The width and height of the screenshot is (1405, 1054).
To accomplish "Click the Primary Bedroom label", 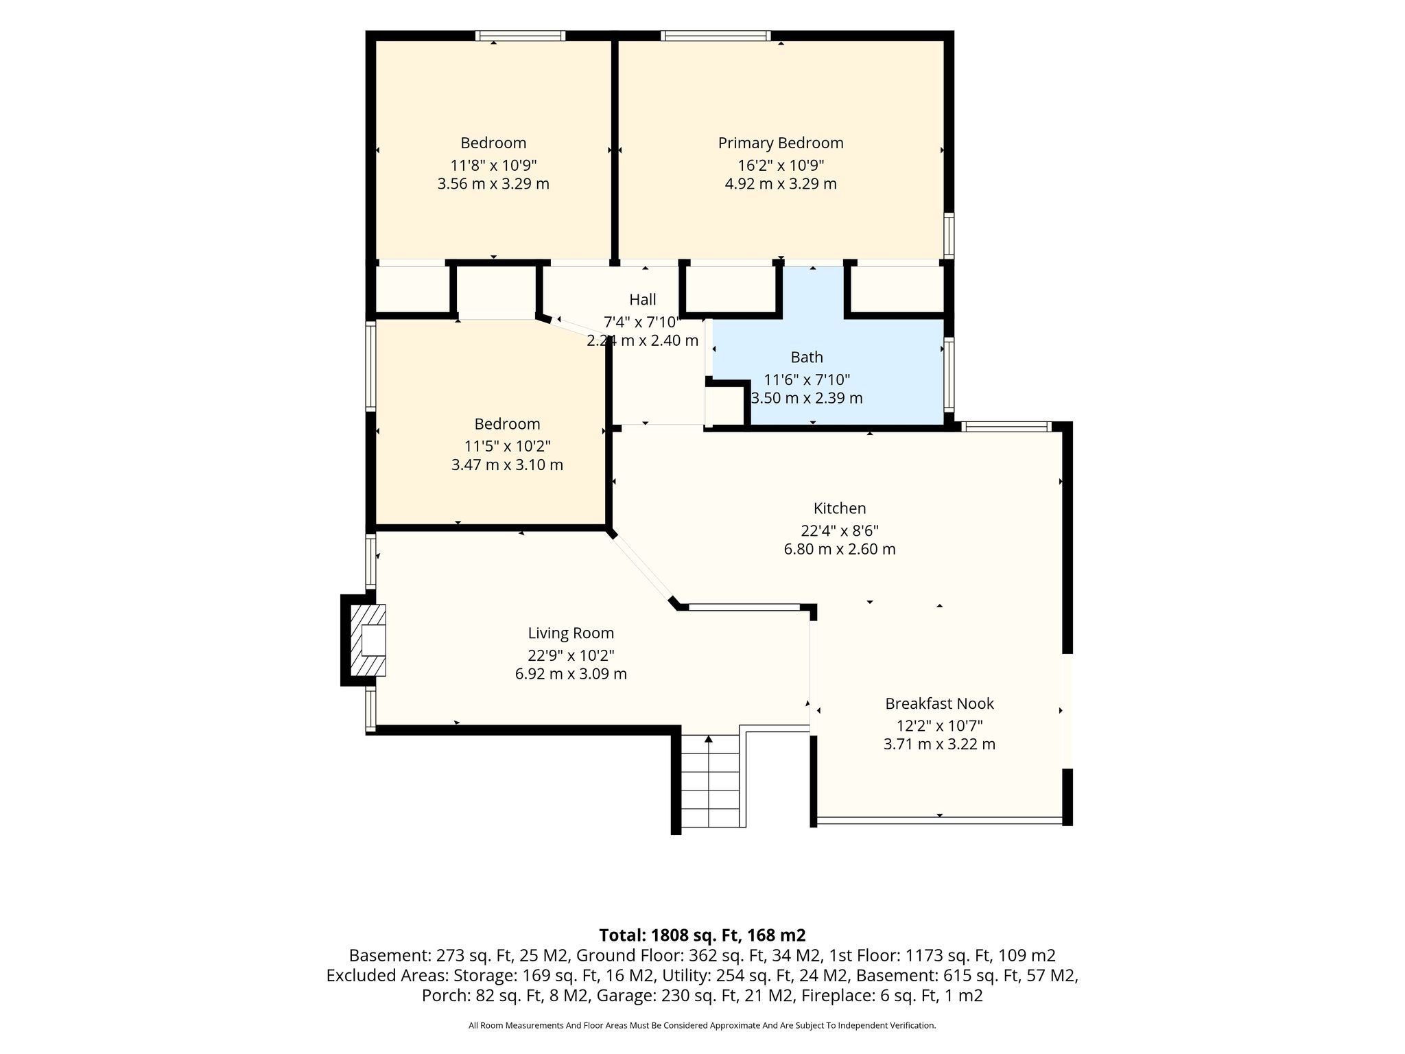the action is pyautogui.click(x=781, y=143).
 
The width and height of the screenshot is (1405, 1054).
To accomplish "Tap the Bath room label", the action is pyautogui.click(x=807, y=357).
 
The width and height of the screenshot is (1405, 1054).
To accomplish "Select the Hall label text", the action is pyautogui.click(x=643, y=299).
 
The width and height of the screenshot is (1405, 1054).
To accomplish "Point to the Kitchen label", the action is pyautogui.click(x=840, y=508).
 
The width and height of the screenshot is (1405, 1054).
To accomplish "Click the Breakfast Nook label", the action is pyautogui.click(x=939, y=703).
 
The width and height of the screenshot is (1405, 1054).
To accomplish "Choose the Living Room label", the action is pyautogui.click(x=571, y=633).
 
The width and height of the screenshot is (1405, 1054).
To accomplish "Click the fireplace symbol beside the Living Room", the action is pyautogui.click(x=364, y=640).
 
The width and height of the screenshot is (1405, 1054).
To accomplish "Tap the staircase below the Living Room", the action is pyautogui.click(x=709, y=782).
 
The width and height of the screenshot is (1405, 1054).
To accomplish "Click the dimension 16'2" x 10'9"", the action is pyautogui.click(x=781, y=165).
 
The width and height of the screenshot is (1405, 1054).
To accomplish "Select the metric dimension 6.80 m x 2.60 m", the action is pyautogui.click(x=840, y=549).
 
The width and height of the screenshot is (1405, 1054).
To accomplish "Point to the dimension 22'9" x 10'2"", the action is pyautogui.click(x=571, y=655).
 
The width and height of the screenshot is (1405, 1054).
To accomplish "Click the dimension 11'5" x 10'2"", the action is pyautogui.click(x=508, y=446).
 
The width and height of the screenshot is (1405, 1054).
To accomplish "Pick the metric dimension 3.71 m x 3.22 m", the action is pyautogui.click(x=939, y=744).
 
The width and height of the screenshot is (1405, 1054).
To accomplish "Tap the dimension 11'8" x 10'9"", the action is pyautogui.click(x=493, y=165).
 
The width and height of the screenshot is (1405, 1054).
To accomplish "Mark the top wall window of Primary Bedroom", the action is pyautogui.click(x=716, y=36).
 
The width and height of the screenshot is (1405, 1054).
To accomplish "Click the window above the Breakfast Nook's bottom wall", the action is pyautogui.click(x=939, y=820).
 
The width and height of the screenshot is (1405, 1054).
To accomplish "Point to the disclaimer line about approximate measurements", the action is pyautogui.click(x=702, y=1026).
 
